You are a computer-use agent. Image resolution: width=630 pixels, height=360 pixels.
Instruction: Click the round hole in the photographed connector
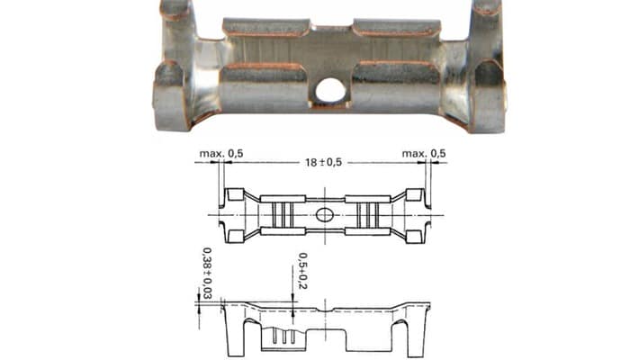pyautogui.click(x=330, y=90)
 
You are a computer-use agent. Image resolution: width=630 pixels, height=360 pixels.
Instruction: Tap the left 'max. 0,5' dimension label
pyautogui.click(x=221, y=154)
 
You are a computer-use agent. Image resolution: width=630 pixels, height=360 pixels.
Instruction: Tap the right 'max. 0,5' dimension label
pyautogui.click(x=424, y=154)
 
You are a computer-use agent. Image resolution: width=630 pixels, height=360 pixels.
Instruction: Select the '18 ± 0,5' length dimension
pyautogui.click(x=323, y=162)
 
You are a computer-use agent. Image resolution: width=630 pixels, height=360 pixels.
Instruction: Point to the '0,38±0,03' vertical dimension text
pyautogui.click(x=207, y=273)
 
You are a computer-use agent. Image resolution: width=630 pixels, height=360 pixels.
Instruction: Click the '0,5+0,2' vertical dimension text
pyautogui.click(x=303, y=271)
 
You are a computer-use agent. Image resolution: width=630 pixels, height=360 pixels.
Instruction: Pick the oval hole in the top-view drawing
pyautogui.click(x=325, y=215)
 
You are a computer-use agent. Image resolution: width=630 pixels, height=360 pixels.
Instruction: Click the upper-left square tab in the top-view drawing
pyautogui.click(x=236, y=194)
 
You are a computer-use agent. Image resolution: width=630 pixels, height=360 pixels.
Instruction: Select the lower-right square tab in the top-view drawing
pyautogui.click(x=414, y=236)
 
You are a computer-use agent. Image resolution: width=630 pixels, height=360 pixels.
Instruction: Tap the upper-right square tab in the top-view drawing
pyautogui.click(x=414, y=194)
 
